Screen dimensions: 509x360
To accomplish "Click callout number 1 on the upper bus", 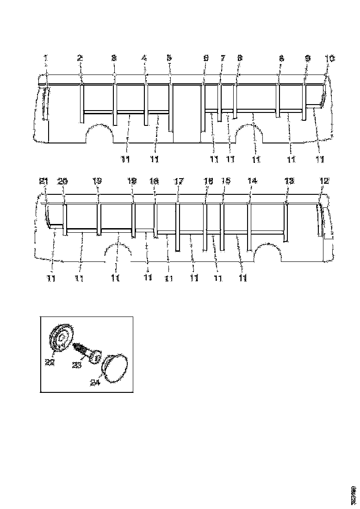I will pos(46,58).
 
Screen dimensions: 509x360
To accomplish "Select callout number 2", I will pos(80,58).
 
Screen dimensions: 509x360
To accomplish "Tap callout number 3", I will pos(114,58).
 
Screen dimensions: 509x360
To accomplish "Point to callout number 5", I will pos(169,58).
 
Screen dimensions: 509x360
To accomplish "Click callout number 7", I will pos(223,58).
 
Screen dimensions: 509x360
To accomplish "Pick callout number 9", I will pos(308,58).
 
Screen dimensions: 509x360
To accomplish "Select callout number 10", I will pos(329,58).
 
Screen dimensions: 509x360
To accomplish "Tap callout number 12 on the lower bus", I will pos(324,181).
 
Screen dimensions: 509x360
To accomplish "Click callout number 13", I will pos(289,181).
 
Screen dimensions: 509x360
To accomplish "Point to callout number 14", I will pos(252,181).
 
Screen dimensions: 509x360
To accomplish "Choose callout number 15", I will pos(225,181).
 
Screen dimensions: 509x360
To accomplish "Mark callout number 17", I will pos(179,181).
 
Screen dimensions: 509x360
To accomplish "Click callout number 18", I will pos(154,181).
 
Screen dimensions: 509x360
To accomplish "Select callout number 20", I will pos(62,181).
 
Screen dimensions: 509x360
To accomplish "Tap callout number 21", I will pos(43,181).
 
